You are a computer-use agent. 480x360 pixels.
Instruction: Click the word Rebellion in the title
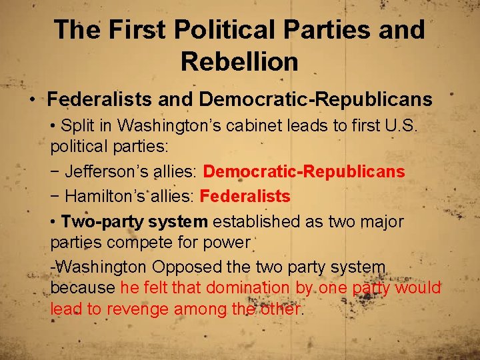pos(239,62)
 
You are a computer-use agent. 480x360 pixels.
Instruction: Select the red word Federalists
pos(245,196)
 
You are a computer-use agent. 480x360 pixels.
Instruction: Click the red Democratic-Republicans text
pos(304,172)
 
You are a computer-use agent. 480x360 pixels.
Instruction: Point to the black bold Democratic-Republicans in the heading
pos(315,100)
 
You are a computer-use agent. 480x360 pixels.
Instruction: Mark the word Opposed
pos(187,267)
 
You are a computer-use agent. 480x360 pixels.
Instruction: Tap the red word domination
pos(247,287)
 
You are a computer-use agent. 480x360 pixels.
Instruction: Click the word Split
pos(77,125)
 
